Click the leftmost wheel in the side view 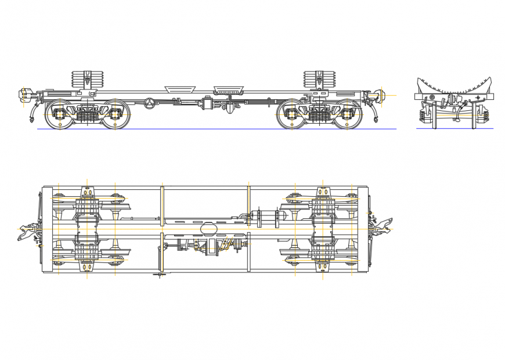(59, 114)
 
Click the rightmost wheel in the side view (348, 114)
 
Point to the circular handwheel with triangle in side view (151, 103)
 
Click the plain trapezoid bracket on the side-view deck (179, 88)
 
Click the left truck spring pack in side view (87, 116)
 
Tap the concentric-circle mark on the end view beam (432, 96)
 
